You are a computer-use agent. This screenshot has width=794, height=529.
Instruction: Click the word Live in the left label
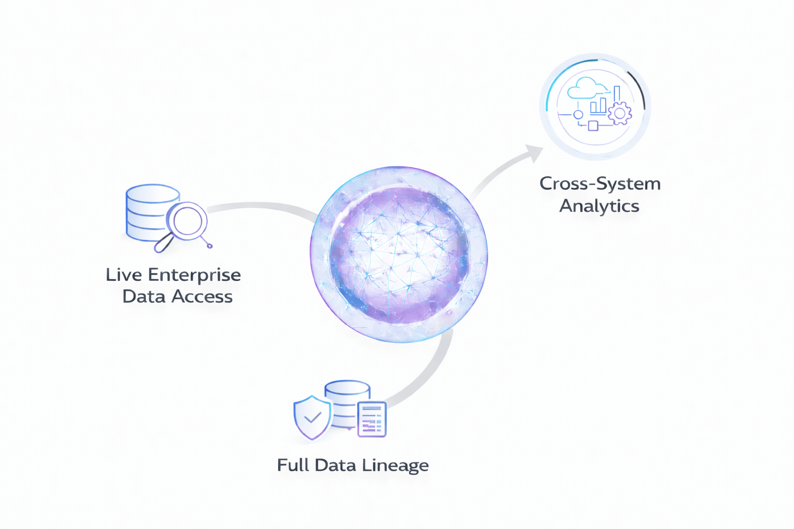[124, 275]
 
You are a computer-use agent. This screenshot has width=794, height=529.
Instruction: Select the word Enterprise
[194, 275]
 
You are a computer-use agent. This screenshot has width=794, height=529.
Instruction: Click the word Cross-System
[600, 184]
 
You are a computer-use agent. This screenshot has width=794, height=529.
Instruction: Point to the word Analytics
[599, 206]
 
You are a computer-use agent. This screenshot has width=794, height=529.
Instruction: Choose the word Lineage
[395, 465]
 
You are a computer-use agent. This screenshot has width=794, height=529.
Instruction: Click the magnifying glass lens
[188, 220]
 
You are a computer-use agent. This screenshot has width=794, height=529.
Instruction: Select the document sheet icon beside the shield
[372, 419]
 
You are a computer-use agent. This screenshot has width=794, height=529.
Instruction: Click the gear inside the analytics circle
[620, 113]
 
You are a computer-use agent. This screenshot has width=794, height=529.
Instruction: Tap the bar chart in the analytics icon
[599, 105]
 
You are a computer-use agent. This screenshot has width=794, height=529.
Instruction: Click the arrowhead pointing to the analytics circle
[533, 152]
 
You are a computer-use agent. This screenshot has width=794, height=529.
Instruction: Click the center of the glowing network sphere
[399, 254]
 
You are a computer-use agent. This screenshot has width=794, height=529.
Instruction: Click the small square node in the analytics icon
[593, 126]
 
